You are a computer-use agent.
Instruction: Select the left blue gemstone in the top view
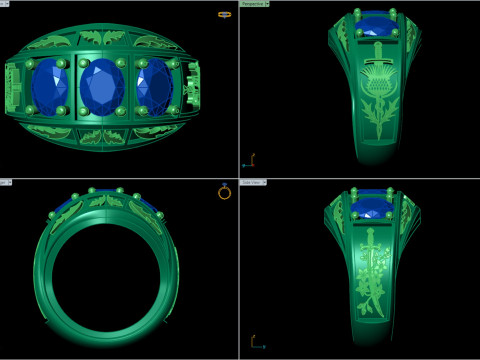click(x=46, y=87)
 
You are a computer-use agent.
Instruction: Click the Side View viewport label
click(x=253, y=183)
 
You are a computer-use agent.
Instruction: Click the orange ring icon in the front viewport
click(x=224, y=192)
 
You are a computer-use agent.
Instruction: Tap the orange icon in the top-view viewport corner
click(x=224, y=15)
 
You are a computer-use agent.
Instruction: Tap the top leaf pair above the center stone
click(x=102, y=39)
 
